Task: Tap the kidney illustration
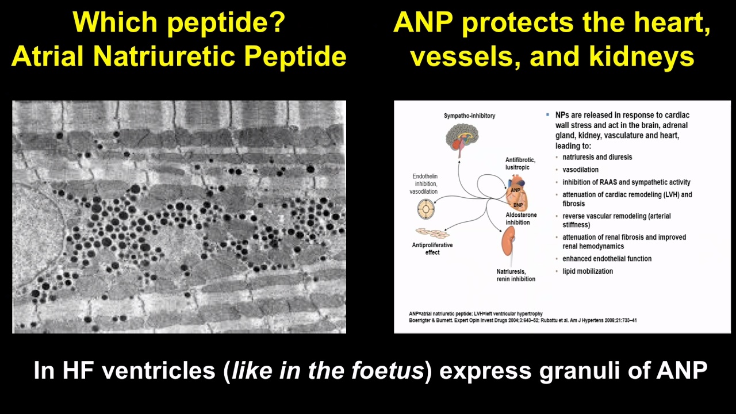pos(508,241)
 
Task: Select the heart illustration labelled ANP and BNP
pos(517,193)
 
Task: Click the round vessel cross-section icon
pos(426,209)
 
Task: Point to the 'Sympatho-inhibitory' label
pos(469,116)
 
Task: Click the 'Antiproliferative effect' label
pos(432,249)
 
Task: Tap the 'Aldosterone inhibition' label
pos(521,218)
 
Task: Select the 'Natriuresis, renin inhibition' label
pos(516,275)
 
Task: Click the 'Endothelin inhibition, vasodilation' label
pos(424,183)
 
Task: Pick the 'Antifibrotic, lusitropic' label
pos(520,164)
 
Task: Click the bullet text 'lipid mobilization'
pos(588,271)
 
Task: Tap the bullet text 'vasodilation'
pos(581,170)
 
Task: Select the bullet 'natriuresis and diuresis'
pos(597,157)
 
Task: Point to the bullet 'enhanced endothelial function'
pos(607,259)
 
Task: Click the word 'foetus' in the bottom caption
pos(388,370)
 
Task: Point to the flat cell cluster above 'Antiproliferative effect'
pos(432,233)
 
